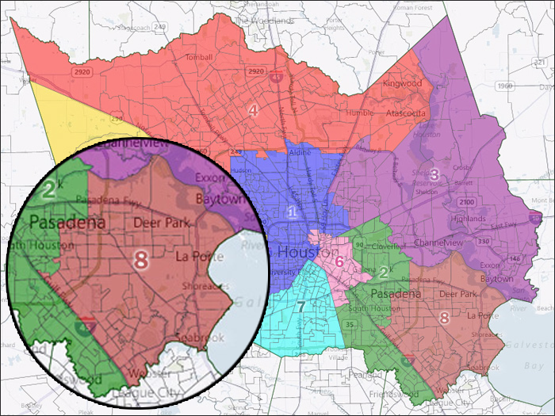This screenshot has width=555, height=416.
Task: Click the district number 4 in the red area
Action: point(253,111)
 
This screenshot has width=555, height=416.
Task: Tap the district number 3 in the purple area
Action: point(434,174)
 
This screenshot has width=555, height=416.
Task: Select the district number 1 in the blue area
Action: point(292,212)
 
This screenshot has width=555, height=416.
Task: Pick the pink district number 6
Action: point(339,261)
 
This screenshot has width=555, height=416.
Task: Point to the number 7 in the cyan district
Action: point(300,307)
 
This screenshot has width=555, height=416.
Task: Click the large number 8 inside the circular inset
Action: point(141,259)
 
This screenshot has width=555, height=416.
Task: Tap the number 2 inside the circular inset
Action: point(49,189)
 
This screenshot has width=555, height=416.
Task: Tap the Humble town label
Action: point(362,113)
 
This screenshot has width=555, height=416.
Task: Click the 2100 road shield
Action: point(466,202)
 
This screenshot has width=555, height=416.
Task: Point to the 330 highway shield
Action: point(481,241)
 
